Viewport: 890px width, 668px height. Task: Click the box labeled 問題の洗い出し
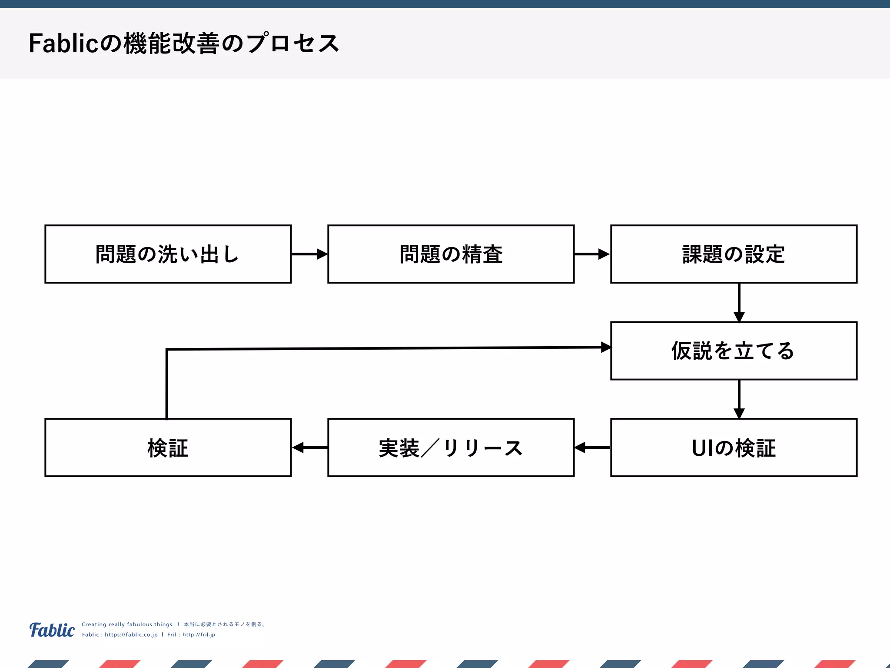click(x=168, y=254)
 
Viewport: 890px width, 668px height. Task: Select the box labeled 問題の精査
click(x=451, y=254)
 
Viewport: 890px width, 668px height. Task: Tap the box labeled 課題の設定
click(x=734, y=254)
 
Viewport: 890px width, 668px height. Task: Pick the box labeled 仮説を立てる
click(x=734, y=351)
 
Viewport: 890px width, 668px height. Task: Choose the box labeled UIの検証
click(x=734, y=448)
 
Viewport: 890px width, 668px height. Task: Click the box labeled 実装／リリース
click(x=451, y=448)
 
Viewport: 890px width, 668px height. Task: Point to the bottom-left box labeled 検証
click(x=168, y=448)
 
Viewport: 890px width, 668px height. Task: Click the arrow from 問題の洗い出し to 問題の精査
click(x=309, y=254)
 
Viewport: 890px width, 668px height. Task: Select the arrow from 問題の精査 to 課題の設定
click(x=592, y=254)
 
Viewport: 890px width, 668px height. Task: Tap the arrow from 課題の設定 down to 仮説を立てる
click(x=739, y=303)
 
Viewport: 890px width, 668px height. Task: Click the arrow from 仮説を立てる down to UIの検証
click(x=739, y=399)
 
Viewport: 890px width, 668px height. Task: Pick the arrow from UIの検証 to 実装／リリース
click(x=592, y=447)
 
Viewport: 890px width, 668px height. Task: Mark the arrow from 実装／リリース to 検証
click(x=309, y=447)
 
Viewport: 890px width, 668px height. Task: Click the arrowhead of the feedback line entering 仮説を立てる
click(x=606, y=347)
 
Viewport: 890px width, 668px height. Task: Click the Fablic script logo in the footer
click(x=52, y=630)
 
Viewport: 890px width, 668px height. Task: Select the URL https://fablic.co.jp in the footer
click(x=131, y=635)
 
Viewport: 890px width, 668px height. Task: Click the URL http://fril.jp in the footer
click(x=199, y=635)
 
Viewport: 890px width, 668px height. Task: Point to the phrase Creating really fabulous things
click(x=127, y=624)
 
